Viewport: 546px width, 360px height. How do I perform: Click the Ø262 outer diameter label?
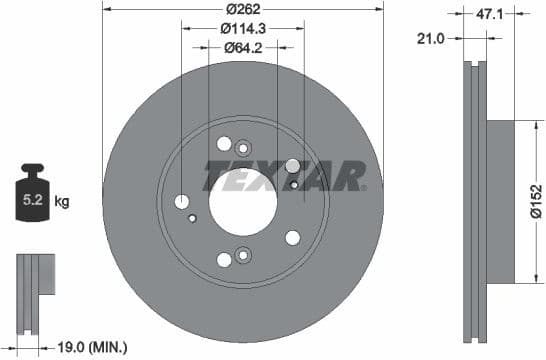click(x=242, y=8)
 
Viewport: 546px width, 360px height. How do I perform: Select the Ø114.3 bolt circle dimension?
click(x=242, y=28)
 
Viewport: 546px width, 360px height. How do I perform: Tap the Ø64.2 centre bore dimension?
click(x=242, y=47)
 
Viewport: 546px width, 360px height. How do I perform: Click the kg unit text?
click(x=62, y=201)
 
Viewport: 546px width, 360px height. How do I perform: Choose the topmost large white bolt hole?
click(x=224, y=143)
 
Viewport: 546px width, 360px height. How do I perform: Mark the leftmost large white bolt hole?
click(x=182, y=202)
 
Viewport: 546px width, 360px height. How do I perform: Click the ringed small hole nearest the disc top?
click(x=242, y=149)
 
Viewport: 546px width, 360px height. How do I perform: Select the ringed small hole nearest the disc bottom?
click(x=242, y=259)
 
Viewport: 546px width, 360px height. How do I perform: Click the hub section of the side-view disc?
click(x=501, y=200)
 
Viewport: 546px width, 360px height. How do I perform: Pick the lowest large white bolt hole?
click(x=224, y=260)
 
